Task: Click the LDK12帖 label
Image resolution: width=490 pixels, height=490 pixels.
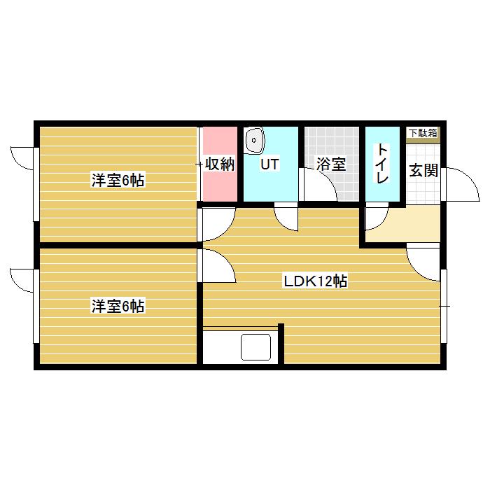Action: [x=315, y=281]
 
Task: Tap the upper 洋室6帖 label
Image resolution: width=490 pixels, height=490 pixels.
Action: [x=118, y=181]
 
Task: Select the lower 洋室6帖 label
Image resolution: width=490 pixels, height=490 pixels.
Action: [x=118, y=306]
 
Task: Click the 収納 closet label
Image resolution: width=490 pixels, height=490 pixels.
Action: [x=219, y=165]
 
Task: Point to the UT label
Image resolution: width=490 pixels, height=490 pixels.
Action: [x=269, y=165]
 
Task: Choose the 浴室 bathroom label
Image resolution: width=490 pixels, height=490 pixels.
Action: [x=330, y=165]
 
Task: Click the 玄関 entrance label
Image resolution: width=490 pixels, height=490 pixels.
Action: [x=423, y=170]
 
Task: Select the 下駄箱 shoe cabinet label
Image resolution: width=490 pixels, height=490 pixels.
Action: [x=423, y=132]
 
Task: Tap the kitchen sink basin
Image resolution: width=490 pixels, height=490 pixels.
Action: [x=255, y=346]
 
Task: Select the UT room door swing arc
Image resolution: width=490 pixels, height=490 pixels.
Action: [x=287, y=217]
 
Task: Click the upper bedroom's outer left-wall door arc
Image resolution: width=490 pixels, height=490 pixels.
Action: [x=22, y=157]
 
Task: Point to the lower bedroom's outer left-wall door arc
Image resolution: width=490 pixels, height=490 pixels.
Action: [x=22, y=280]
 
